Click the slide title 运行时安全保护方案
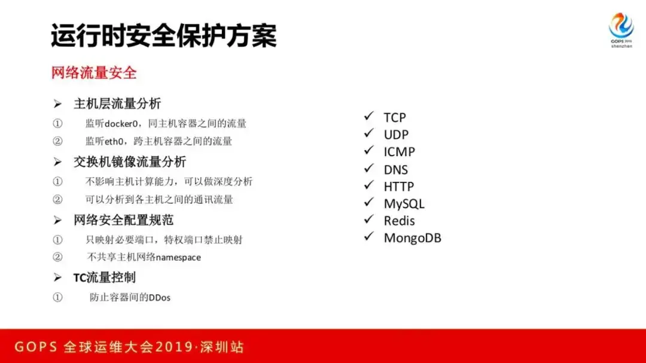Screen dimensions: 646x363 pyautogui.click(x=163, y=36)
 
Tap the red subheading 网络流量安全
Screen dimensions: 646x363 pyautogui.click(x=94, y=73)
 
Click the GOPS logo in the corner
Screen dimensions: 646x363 pyautogui.click(x=621, y=30)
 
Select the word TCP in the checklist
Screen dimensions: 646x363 pyautogui.click(x=395, y=118)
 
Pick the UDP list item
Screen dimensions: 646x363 pyautogui.click(x=396, y=135)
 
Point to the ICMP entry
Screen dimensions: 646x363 pyautogui.click(x=399, y=152)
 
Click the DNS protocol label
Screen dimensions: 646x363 pyautogui.click(x=395, y=170)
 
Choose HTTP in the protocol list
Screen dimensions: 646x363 pyautogui.click(x=399, y=187)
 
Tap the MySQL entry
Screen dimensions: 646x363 pyautogui.click(x=404, y=204)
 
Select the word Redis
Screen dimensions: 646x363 pyautogui.click(x=399, y=221)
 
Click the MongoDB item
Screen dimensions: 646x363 pyautogui.click(x=412, y=238)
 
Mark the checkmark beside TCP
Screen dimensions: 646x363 pyautogui.click(x=368, y=116)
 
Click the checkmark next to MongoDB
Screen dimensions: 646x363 pyautogui.click(x=368, y=236)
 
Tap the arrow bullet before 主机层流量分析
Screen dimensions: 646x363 pyautogui.click(x=57, y=104)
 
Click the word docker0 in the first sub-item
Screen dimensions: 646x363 pyautogui.click(x=121, y=124)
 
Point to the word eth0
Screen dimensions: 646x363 pyautogui.click(x=114, y=141)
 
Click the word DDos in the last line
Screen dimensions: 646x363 pyautogui.click(x=160, y=297)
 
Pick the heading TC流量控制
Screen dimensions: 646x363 pyautogui.click(x=105, y=277)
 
